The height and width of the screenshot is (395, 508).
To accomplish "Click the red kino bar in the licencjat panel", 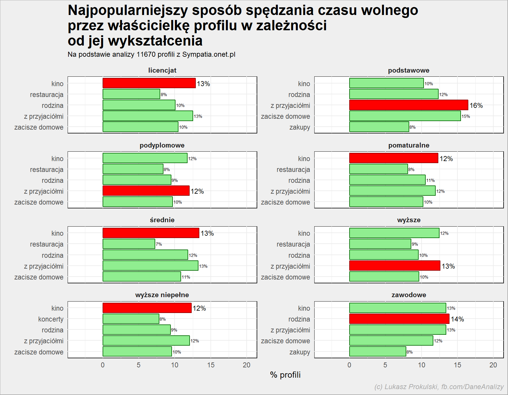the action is tap(149, 83).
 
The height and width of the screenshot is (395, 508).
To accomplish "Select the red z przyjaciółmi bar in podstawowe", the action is tap(409, 105).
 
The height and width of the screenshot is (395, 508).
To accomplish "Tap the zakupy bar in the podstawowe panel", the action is tap(379, 127).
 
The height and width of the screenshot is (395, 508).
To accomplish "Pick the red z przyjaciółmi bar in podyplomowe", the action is tap(146, 191).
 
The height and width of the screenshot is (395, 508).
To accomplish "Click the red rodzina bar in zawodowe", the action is tap(399, 319).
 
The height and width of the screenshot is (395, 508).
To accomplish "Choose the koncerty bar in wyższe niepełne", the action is tap(131, 319).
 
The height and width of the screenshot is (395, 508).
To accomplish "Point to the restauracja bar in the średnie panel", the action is tap(129, 244).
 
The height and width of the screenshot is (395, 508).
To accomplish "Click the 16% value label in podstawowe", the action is tap(476, 106).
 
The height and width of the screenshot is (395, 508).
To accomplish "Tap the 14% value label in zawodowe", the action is tap(457, 319).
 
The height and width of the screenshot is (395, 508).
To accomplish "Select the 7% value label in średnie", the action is tap(159, 244).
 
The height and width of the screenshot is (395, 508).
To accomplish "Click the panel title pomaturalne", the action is tap(409, 145).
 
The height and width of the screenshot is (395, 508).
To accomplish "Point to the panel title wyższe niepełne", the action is tap(162, 295).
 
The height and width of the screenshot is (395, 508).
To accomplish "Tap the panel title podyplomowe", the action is tap(162, 145).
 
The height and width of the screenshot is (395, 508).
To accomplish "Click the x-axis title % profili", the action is tap(285, 375).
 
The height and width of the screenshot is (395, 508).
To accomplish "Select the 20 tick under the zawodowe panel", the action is tap(493, 365).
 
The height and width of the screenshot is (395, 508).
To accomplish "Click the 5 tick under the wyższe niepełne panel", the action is tap(138, 365).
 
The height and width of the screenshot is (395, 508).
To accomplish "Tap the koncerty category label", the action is tap(51, 319).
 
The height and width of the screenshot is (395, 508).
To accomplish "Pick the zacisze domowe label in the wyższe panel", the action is tap(285, 277).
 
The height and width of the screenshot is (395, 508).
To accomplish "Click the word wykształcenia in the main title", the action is tap(155, 41).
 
